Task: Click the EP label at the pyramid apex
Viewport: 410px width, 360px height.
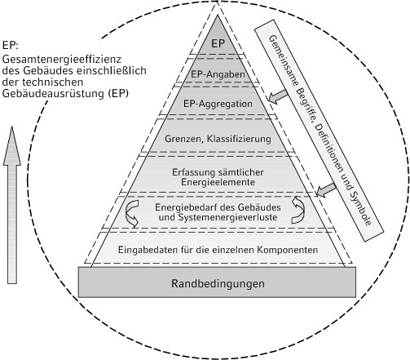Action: (x=218, y=43)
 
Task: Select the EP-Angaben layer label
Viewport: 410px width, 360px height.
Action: (x=218, y=74)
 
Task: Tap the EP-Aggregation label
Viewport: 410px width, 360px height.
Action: (x=218, y=104)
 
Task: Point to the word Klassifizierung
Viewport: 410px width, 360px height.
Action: (x=239, y=139)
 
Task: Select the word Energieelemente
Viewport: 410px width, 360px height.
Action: (x=218, y=182)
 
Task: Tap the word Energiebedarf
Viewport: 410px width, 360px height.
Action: (x=186, y=207)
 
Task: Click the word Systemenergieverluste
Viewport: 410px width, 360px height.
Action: (x=227, y=217)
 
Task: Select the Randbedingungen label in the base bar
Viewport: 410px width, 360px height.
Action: (x=218, y=283)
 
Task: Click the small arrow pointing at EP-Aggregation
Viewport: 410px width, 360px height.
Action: (x=278, y=96)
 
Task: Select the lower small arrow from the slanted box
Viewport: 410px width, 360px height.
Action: (x=326, y=190)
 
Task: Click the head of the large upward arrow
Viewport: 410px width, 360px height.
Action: (x=12, y=146)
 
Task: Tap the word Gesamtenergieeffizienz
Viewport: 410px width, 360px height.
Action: (x=62, y=59)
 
